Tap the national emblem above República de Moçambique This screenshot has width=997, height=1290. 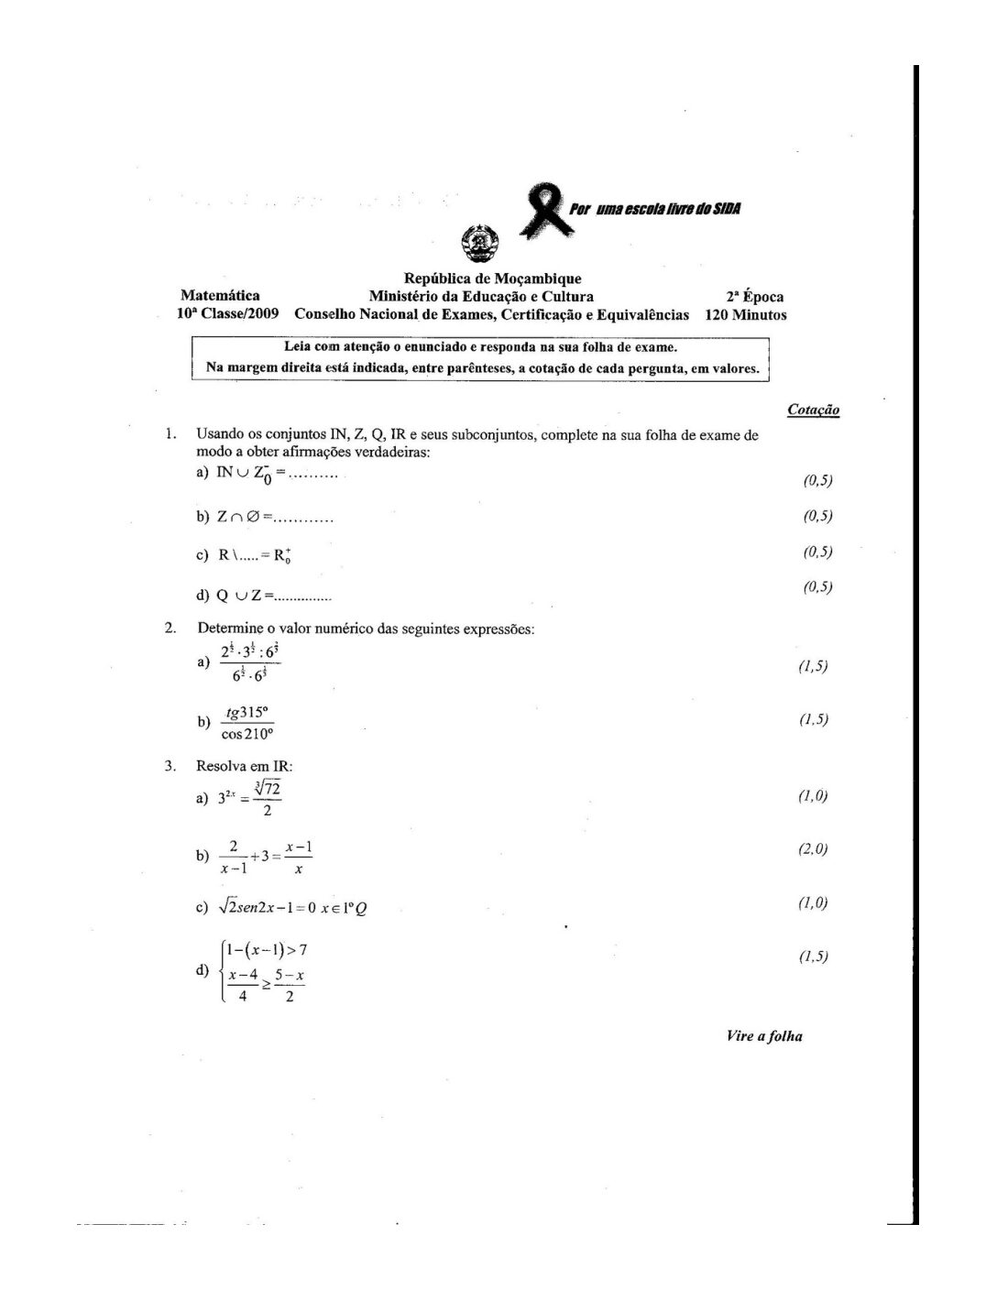tap(478, 244)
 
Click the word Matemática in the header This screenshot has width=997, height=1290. tap(220, 295)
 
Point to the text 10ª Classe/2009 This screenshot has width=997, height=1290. tap(228, 314)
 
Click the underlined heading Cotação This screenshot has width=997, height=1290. tap(813, 410)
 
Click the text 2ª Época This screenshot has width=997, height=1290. tap(754, 296)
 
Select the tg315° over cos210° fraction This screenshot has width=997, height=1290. tap(247, 722)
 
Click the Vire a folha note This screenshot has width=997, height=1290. tap(764, 1036)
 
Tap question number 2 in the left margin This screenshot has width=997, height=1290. tap(170, 628)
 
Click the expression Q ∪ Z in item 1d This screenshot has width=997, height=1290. tap(240, 596)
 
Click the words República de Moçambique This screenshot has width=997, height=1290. tap(492, 279)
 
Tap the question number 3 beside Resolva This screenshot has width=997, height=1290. tap(170, 765)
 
